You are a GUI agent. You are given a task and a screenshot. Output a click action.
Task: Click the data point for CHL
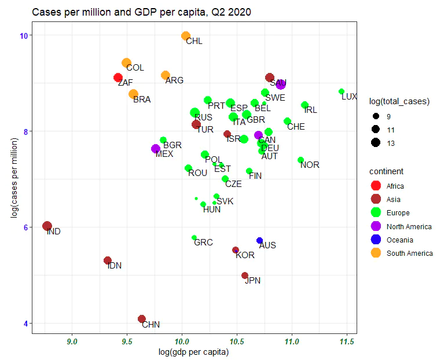(186, 36)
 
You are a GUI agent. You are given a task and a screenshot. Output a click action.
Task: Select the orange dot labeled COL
(126, 63)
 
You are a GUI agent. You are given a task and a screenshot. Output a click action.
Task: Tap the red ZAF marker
(118, 78)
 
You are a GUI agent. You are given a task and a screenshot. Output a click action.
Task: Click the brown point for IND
(47, 226)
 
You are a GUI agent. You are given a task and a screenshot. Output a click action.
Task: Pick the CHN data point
(142, 319)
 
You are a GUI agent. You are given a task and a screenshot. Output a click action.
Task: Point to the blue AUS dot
(260, 240)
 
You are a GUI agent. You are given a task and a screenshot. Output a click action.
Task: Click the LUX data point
(342, 91)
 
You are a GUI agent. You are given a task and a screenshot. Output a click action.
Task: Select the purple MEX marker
(155, 149)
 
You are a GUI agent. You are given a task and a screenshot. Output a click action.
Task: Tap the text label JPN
(253, 281)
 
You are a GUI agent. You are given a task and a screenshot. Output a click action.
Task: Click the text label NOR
(310, 165)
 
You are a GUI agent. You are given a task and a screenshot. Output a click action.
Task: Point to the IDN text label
(115, 266)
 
